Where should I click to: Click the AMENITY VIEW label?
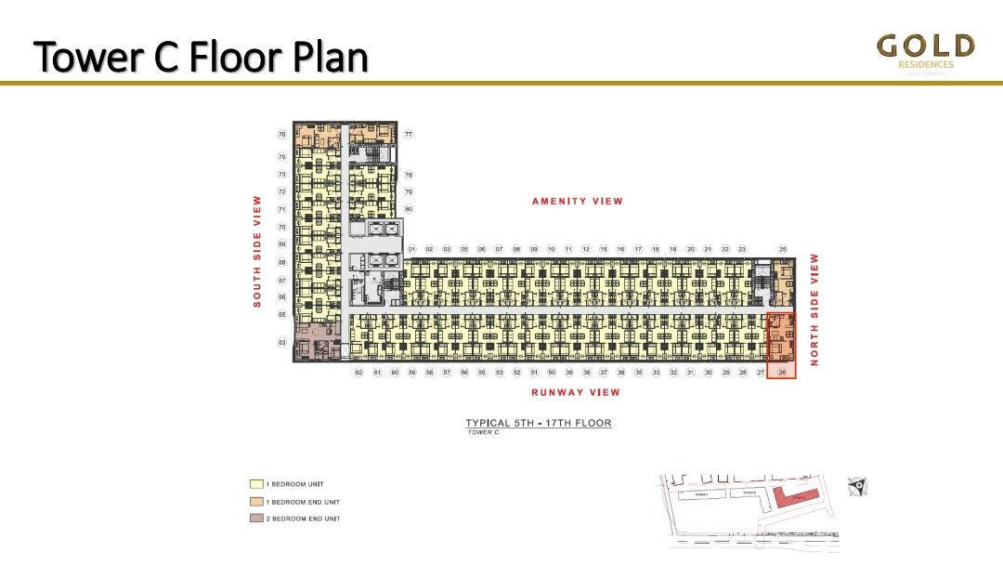pyautogui.click(x=577, y=202)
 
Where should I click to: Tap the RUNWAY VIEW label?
pyautogui.click(x=575, y=392)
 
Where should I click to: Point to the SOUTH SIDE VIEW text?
pyautogui.click(x=258, y=251)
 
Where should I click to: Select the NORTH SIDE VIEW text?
pyautogui.click(x=814, y=309)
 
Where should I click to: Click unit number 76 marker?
pyautogui.click(x=281, y=135)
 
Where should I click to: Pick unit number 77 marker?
pyautogui.click(x=409, y=135)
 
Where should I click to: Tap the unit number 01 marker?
pyautogui.click(x=411, y=249)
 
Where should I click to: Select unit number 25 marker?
pyautogui.click(x=783, y=249)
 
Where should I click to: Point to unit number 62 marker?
pyautogui.click(x=358, y=373)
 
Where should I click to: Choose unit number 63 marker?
pyautogui.click(x=281, y=343)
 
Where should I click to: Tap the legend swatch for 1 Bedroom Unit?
pyautogui.click(x=256, y=484)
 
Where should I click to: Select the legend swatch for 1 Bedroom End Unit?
pyautogui.click(x=256, y=502)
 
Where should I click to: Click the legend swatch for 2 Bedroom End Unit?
pyautogui.click(x=256, y=519)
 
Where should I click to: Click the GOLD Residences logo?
pyautogui.click(x=926, y=54)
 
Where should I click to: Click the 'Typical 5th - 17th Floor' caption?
pyautogui.click(x=539, y=424)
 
